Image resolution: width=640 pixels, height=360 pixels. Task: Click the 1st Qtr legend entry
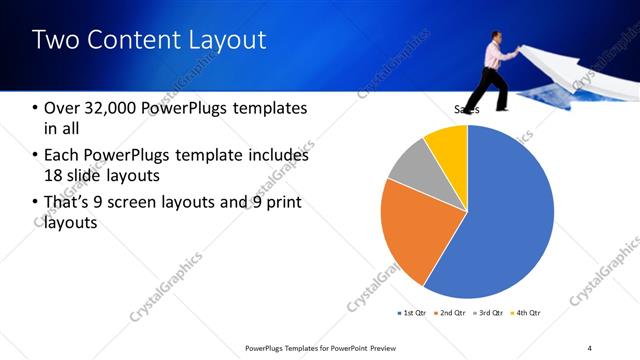(x=412, y=313)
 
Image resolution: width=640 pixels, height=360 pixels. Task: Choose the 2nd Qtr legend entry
(x=451, y=313)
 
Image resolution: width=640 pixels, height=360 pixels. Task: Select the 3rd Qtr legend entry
(x=490, y=313)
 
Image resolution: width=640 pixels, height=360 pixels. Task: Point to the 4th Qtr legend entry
(x=527, y=313)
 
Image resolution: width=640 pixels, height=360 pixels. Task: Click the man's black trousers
(x=494, y=86)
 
